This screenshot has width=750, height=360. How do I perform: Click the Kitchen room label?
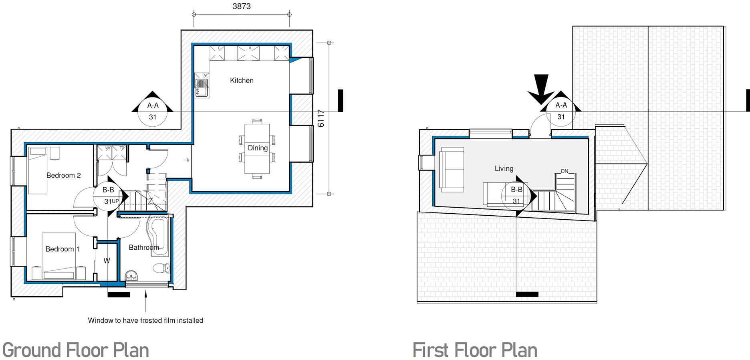point(242,80)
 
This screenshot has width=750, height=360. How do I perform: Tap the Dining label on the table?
point(258,148)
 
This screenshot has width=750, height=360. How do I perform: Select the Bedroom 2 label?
point(63,175)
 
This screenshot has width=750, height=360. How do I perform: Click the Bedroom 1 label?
point(62,249)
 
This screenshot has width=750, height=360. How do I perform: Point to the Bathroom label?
point(144,247)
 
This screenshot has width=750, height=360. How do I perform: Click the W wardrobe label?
point(107,261)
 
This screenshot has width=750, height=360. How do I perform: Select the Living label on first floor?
point(504,168)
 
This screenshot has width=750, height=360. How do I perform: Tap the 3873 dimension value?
point(241,6)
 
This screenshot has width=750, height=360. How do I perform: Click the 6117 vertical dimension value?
point(321,118)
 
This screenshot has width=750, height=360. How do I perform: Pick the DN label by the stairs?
point(565,171)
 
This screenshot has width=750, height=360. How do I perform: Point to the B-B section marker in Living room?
point(517,195)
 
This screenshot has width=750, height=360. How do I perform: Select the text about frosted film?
point(145,320)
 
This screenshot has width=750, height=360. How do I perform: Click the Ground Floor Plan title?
point(76,350)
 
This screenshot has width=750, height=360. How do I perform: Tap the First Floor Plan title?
point(475,350)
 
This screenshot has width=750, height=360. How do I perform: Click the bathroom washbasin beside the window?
point(131,276)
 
